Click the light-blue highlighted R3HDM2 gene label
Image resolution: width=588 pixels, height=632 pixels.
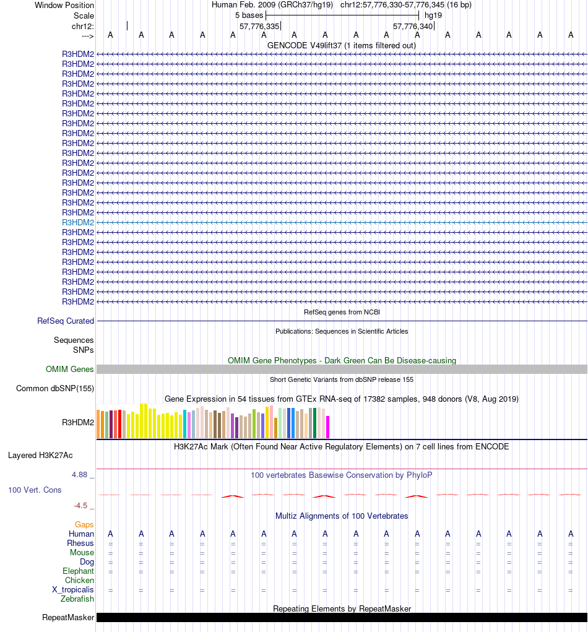(x=78, y=222)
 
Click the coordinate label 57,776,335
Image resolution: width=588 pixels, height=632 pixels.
(x=259, y=27)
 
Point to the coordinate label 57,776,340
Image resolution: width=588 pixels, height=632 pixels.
(x=413, y=27)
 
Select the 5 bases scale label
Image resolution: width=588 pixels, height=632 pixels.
(x=249, y=15)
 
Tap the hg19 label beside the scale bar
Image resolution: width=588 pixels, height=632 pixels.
(x=433, y=15)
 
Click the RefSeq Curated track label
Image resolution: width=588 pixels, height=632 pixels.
(x=66, y=321)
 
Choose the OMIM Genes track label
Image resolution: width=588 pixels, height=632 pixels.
(x=70, y=370)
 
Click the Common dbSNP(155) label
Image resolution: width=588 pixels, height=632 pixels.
(x=55, y=389)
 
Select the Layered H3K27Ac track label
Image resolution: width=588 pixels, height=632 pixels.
(x=40, y=456)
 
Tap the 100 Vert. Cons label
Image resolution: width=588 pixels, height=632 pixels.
(x=35, y=490)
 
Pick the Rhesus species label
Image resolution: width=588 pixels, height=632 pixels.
(x=80, y=543)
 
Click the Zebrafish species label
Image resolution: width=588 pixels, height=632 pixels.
(x=77, y=599)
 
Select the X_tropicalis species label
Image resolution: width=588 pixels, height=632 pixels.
(x=73, y=590)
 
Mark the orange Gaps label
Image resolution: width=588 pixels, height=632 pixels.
(x=84, y=525)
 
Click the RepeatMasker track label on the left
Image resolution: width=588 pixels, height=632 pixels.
(x=68, y=618)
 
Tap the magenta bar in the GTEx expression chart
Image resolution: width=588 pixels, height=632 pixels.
(x=328, y=426)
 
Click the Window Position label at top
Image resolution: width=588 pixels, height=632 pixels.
(x=64, y=5)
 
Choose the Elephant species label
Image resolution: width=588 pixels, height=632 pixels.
(x=78, y=571)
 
